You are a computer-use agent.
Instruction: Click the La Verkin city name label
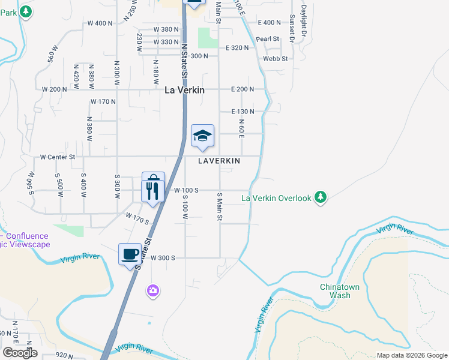(x=185, y=90)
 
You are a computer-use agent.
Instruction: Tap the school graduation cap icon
(x=202, y=136)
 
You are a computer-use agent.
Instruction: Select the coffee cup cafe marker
(x=130, y=254)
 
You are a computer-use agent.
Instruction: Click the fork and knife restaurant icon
(x=152, y=191)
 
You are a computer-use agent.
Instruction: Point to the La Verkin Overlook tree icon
(x=321, y=197)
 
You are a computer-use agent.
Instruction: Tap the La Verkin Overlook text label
(x=277, y=198)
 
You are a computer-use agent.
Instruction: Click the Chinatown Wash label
(x=340, y=291)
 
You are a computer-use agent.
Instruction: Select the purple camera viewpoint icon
(x=153, y=290)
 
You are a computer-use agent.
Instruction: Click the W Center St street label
(x=58, y=157)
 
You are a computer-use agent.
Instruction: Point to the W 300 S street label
(x=162, y=257)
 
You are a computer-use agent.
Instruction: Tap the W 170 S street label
(x=137, y=217)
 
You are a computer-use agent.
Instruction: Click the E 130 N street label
(x=243, y=112)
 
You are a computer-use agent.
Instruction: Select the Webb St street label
(x=276, y=58)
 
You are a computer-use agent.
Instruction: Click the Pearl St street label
(x=268, y=38)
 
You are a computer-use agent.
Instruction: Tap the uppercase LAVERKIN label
(x=220, y=161)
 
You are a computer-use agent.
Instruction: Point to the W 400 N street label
(x=100, y=23)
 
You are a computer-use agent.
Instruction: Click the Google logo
(x=20, y=353)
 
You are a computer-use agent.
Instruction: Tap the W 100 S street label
(x=185, y=190)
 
